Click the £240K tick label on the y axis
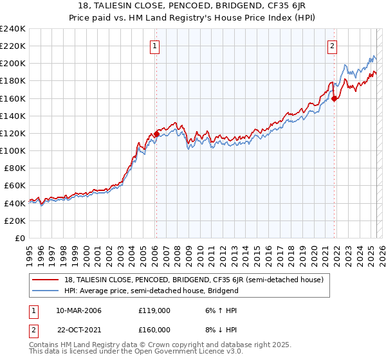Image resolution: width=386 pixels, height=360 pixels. pos(13,29)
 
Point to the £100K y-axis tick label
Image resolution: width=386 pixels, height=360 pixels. pos(13,150)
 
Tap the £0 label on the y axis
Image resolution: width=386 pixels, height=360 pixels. pos(20,238)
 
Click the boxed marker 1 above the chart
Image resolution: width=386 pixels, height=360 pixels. pos(156,46)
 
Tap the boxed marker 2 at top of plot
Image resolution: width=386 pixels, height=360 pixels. pos(333,46)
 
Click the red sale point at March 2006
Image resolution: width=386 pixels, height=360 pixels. pos(156,134)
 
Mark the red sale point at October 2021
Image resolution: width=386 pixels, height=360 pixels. pos(334,98)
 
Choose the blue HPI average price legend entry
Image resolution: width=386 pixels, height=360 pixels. pos(151,291)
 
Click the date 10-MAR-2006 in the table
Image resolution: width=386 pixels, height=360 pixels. pos(78,310)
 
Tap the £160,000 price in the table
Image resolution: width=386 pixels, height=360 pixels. pos(154,329)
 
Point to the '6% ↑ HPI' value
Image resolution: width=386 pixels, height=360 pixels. pos(221,310)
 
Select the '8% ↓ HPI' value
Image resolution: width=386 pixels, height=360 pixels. pos(221,329)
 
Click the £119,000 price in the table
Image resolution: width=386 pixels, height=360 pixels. pos(154,310)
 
